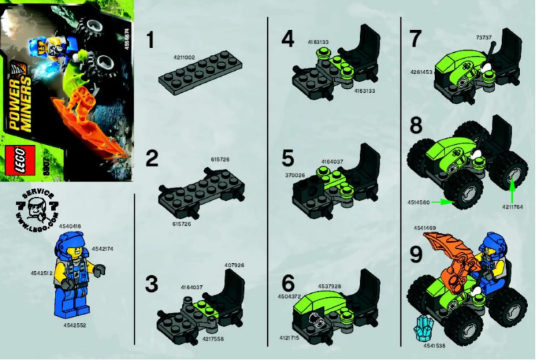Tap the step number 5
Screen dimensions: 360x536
click(287, 159)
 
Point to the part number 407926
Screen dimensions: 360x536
click(235, 266)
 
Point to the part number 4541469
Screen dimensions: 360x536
click(424, 228)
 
